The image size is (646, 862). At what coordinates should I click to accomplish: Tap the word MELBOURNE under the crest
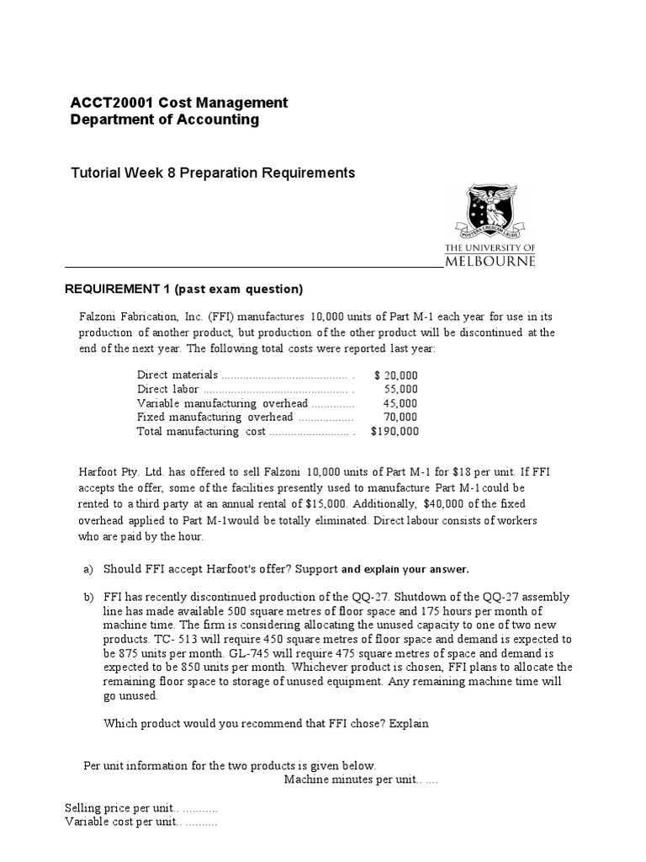click(490, 261)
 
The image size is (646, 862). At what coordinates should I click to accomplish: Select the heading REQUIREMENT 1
click(117, 290)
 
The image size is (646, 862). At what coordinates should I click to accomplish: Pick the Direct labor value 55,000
click(400, 390)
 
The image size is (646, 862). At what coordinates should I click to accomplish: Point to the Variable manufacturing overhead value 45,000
click(400, 403)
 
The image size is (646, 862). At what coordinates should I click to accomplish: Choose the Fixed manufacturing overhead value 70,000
click(400, 418)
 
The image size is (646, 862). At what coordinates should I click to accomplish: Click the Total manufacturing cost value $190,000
click(394, 432)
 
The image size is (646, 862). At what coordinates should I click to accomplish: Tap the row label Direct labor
click(167, 390)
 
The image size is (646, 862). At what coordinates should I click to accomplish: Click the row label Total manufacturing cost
click(200, 432)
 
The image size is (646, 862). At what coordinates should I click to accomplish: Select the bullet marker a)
click(88, 569)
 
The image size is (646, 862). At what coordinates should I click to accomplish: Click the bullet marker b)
click(88, 597)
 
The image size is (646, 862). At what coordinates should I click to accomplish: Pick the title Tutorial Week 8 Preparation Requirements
click(212, 173)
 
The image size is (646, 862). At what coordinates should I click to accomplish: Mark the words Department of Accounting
click(165, 120)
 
